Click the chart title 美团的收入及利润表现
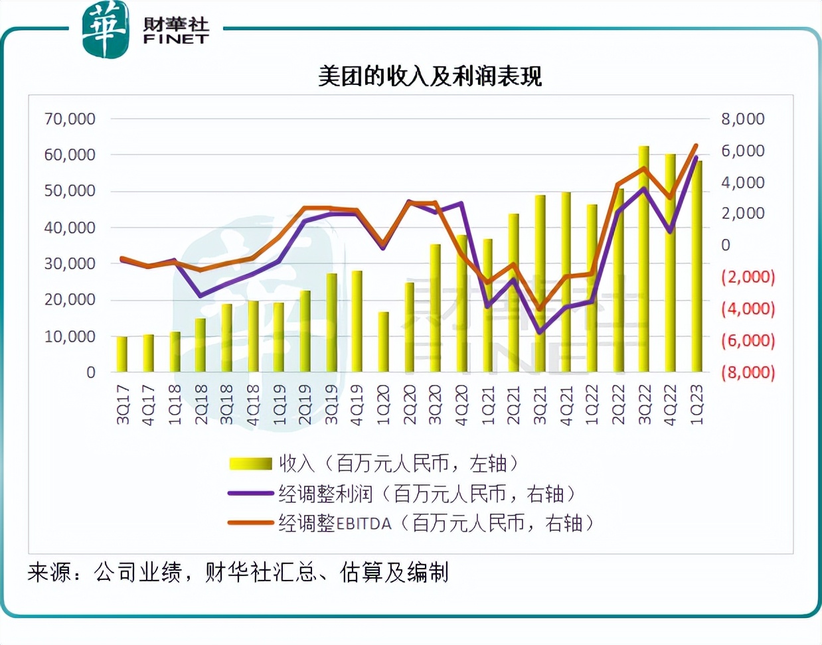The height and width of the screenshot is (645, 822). (430, 76)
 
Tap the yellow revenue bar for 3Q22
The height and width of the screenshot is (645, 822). (643, 259)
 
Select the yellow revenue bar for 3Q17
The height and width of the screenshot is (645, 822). (122, 354)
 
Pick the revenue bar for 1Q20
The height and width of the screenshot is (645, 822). (383, 342)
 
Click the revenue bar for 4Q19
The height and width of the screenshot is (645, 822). (357, 321)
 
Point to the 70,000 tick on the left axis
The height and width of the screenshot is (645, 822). (70, 119)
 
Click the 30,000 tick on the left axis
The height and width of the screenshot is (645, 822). (70, 263)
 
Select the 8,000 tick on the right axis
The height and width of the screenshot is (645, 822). (742, 119)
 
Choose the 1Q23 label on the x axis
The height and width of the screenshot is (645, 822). (697, 404)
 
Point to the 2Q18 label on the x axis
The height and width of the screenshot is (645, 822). (201, 404)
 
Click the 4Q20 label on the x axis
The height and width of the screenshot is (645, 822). (461, 404)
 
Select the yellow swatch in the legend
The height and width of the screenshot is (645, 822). (250, 464)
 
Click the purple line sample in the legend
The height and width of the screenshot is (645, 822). (250, 494)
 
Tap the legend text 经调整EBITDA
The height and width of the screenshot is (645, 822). (335, 524)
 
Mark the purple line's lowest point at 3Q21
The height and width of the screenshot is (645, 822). (540, 332)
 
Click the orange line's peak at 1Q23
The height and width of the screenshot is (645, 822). (696, 145)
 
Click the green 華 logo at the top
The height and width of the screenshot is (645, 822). (105, 29)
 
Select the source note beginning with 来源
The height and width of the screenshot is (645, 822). (238, 572)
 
